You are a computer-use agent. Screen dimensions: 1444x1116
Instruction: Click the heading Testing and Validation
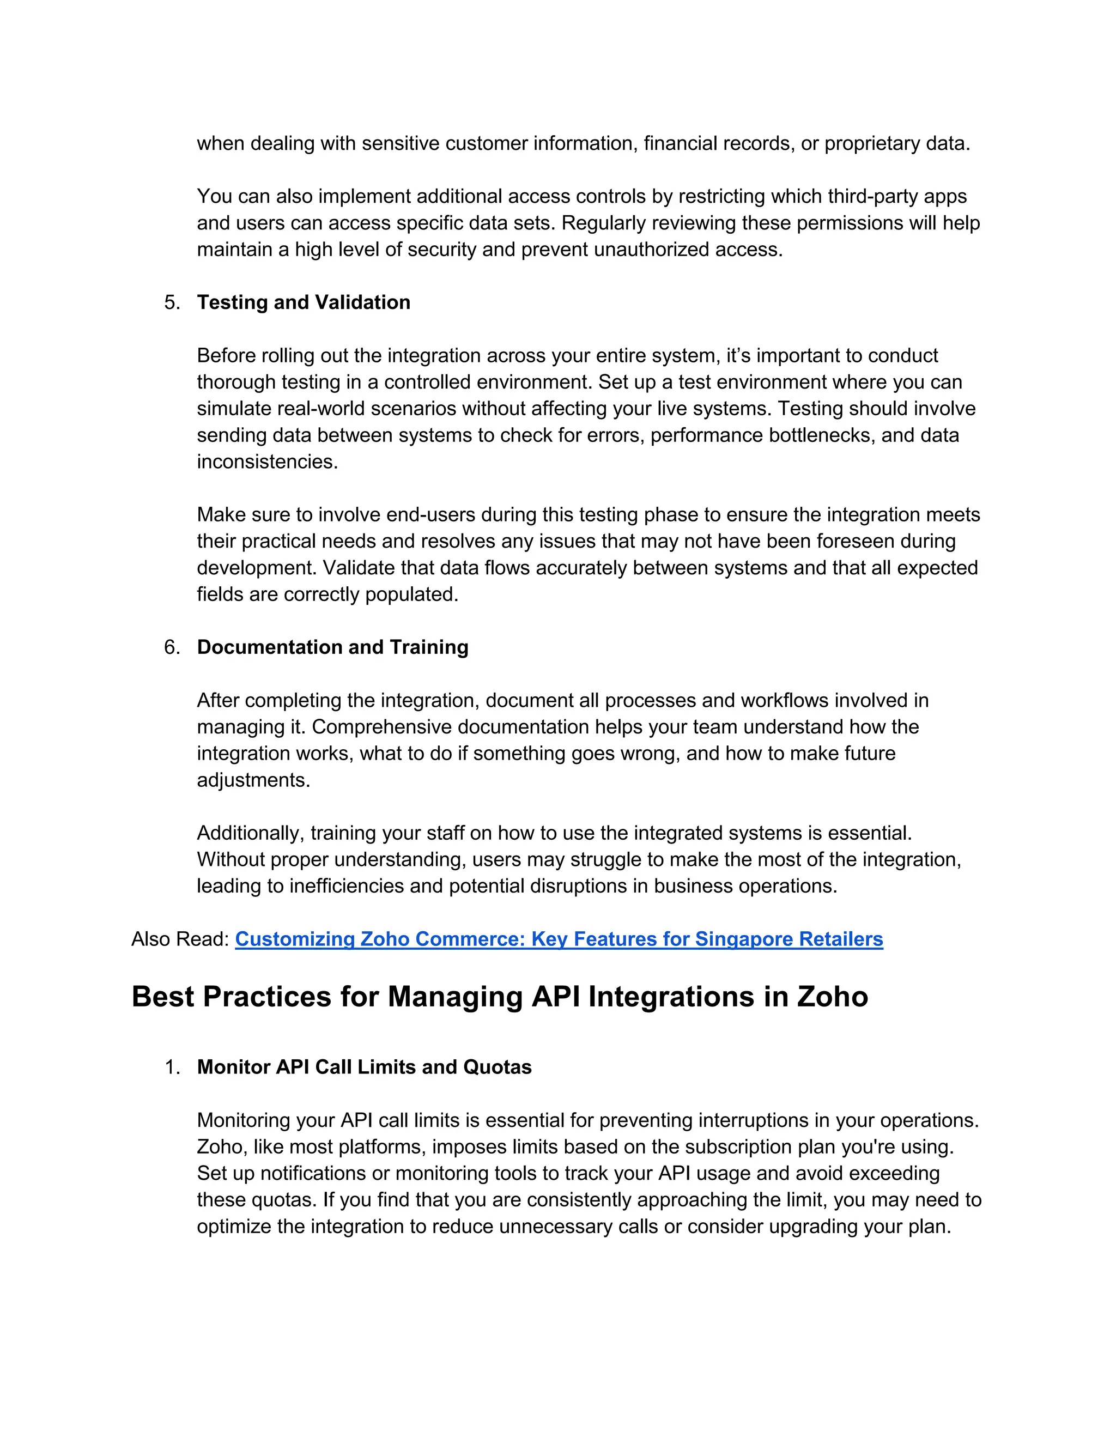click(x=304, y=302)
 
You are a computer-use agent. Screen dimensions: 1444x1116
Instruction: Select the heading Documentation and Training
click(x=332, y=647)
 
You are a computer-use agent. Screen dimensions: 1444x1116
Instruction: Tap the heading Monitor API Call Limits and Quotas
click(x=365, y=1066)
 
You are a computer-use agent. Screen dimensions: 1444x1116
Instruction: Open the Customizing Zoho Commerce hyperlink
click(x=559, y=939)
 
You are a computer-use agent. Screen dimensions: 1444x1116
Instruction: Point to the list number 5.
click(x=172, y=302)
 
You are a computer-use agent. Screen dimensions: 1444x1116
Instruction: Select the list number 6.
click(x=172, y=647)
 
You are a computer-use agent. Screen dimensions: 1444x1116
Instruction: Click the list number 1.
click(x=172, y=1066)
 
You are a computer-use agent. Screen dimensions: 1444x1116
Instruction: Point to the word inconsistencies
click(x=267, y=462)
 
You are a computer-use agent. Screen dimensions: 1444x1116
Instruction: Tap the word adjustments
click(x=253, y=780)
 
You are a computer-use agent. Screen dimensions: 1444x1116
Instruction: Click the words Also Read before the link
click(x=180, y=939)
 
